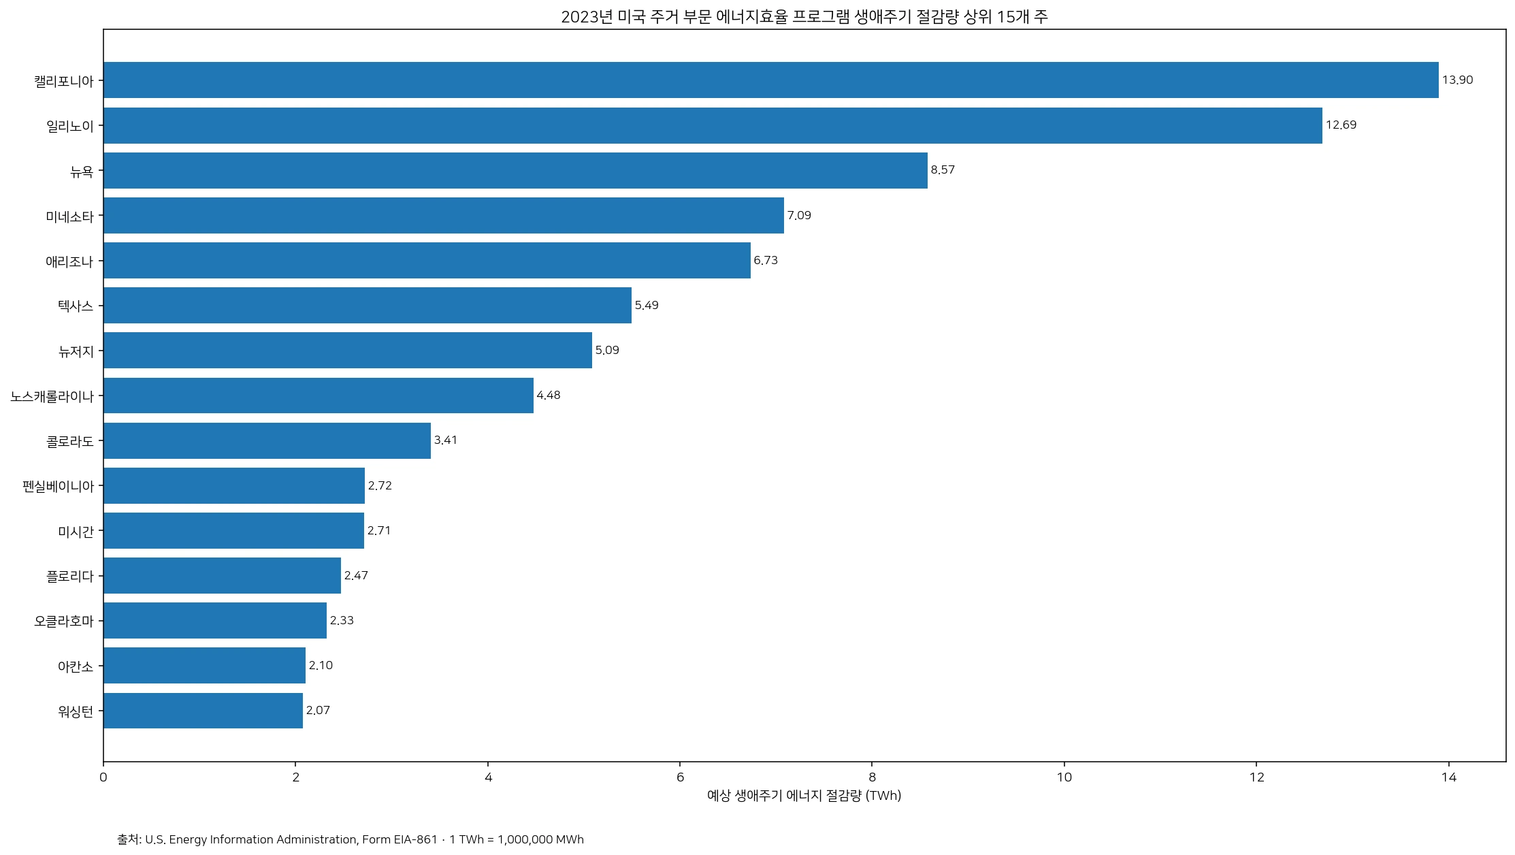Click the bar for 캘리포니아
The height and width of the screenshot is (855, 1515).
click(771, 80)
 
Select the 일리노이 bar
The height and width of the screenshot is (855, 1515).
click(713, 125)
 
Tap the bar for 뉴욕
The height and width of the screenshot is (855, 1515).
click(515, 170)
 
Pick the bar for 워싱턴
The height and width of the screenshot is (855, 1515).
click(203, 711)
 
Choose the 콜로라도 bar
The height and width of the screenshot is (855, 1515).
click(267, 440)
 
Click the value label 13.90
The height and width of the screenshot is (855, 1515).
click(1457, 80)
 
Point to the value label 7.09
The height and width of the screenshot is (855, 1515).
click(799, 216)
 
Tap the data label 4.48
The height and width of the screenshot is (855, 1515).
click(549, 396)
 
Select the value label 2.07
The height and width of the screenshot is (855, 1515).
click(318, 711)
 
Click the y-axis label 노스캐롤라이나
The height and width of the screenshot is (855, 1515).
click(52, 396)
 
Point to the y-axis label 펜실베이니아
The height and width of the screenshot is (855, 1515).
click(58, 486)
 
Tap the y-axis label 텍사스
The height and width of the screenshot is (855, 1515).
click(76, 306)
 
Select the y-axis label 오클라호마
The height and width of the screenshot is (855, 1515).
click(64, 621)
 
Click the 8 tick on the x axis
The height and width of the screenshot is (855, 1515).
click(872, 777)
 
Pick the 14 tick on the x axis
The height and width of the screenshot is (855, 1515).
click(1448, 777)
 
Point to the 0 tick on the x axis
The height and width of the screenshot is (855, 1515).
click(103, 777)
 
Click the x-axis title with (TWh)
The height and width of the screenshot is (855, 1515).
click(804, 796)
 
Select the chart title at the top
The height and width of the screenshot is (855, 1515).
click(804, 17)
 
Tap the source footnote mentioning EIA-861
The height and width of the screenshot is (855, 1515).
click(351, 839)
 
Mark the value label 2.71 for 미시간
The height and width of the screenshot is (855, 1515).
click(379, 531)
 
